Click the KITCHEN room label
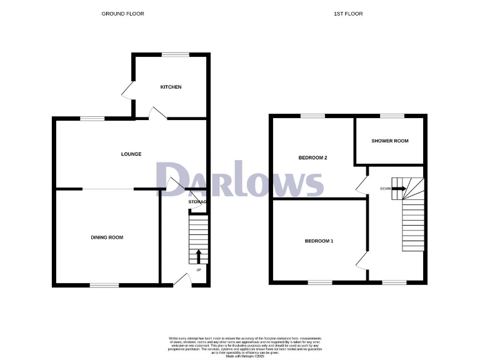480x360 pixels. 171,87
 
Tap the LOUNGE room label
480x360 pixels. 131,154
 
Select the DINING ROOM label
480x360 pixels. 107,237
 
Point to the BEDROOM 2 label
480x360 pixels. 312,157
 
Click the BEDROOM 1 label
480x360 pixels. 319,241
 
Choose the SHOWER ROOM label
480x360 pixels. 390,141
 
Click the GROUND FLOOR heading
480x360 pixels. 122,13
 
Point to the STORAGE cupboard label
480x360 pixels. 197,202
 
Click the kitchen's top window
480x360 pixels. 176,55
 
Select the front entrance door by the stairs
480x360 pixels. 181,281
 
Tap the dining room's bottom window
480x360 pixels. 102,285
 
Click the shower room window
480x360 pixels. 392,116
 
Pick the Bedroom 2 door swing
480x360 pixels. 361,184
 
